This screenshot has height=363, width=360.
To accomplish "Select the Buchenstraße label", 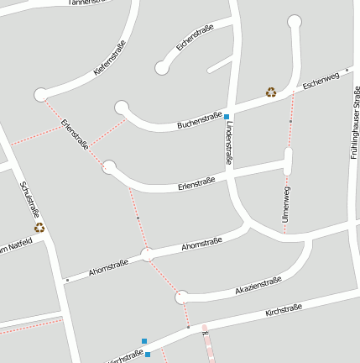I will [x=199, y=120].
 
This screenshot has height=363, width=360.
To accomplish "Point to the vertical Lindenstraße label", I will [x=229, y=141].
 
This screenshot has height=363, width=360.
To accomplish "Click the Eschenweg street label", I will [x=321, y=81].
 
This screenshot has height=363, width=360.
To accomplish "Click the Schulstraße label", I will [x=29, y=200].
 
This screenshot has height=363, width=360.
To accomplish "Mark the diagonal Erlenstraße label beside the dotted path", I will [x=75, y=134].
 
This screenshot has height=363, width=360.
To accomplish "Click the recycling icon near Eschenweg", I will [x=271, y=92].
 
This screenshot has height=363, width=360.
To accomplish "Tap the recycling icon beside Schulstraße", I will [x=39, y=227].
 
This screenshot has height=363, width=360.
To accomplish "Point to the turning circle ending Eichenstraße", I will [x=161, y=67].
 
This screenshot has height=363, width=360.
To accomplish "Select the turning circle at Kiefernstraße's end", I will [x=40, y=95].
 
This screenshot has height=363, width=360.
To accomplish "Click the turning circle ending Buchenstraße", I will [x=122, y=107].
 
